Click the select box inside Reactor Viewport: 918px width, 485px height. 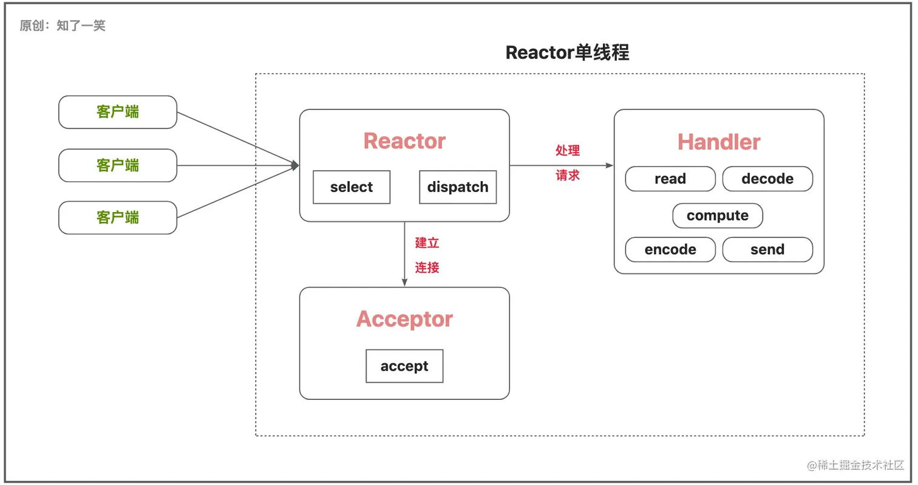click(x=352, y=187)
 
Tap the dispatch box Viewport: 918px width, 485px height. click(x=458, y=187)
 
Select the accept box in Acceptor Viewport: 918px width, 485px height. click(x=404, y=366)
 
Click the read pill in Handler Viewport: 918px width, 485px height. click(x=670, y=179)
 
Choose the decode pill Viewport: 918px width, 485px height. click(x=767, y=179)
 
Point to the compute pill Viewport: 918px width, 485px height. click(x=718, y=216)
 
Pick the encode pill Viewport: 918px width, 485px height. click(x=670, y=250)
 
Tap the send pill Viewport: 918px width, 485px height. click(x=767, y=250)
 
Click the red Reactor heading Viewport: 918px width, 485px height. click(x=404, y=141)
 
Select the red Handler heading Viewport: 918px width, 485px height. click(x=719, y=142)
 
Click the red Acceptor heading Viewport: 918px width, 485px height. click(x=404, y=319)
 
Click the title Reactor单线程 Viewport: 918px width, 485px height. click(x=567, y=52)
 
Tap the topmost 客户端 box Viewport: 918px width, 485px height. click(x=118, y=112)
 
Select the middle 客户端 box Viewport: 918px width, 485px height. click(x=118, y=165)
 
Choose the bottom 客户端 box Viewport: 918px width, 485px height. click(x=118, y=218)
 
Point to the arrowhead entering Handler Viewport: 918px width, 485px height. click(x=610, y=165)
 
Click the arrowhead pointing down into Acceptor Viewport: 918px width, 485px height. click(x=404, y=282)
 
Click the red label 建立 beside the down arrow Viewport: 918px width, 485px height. click(x=427, y=243)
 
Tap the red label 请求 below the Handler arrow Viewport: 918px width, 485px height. click(x=568, y=176)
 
